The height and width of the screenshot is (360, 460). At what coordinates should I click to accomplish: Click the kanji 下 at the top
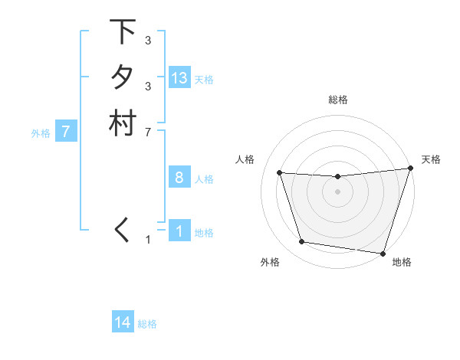pos(122,32)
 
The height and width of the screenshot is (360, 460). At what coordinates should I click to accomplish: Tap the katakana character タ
pos(122,78)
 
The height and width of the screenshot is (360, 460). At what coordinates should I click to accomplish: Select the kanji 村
pos(122,124)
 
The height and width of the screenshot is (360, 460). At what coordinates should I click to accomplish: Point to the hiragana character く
pos(122,230)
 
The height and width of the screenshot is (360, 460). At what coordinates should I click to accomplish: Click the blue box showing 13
pos(179,78)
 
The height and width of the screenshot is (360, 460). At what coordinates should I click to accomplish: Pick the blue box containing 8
pos(179,178)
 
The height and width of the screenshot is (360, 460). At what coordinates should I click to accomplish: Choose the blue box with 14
pos(123,323)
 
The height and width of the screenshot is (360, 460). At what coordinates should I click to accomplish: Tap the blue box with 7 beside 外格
pos(66,132)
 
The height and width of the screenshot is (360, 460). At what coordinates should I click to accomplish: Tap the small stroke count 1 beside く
pos(148,240)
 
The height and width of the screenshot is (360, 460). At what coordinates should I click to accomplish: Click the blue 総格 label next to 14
pos(147,324)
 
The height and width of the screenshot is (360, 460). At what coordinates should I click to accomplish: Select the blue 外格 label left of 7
pos(41,133)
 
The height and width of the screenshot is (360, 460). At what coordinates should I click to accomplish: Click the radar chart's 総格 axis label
pos(338,100)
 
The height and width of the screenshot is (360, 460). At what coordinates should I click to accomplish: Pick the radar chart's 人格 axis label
pos(245,159)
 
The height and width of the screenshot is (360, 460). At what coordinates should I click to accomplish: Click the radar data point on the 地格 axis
pos(383,253)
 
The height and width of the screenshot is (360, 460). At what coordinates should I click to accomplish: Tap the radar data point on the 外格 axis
pos(302,242)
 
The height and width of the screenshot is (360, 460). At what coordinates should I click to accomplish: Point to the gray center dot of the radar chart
pos(338,192)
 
